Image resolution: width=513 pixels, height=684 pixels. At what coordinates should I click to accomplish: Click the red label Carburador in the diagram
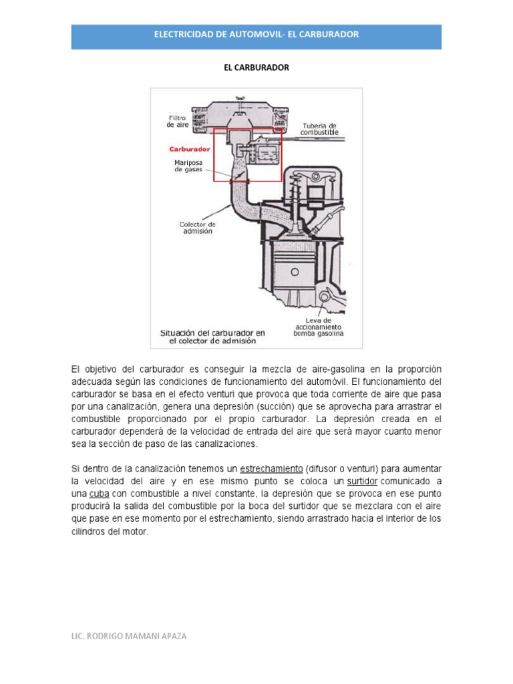click(190, 149)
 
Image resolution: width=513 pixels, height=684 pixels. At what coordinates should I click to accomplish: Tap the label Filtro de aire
click(178, 121)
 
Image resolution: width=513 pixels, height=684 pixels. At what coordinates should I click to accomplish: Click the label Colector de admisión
click(198, 227)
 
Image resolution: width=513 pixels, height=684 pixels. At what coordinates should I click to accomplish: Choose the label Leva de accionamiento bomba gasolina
click(319, 326)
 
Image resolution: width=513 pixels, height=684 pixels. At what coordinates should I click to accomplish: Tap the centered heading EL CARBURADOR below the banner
click(256, 67)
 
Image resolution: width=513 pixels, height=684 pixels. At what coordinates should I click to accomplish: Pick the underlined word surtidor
click(363, 482)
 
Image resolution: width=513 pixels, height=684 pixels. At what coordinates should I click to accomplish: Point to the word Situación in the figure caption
click(182, 332)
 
